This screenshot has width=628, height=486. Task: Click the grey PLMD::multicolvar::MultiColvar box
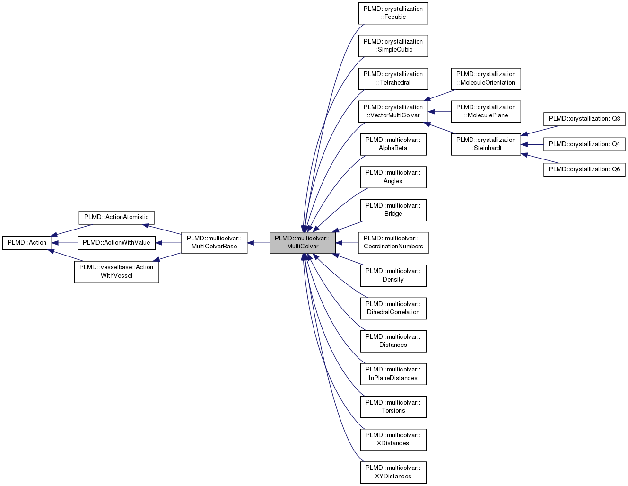[x=302, y=243]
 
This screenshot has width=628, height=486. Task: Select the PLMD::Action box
[x=27, y=243]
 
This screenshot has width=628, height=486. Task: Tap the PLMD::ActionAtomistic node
[x=116, y=217]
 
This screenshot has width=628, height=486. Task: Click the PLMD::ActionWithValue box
[x=116, y=243]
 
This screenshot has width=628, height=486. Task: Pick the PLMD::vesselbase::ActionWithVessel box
[x=116, y=272]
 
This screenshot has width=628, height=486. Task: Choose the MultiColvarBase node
[x=214, y=243]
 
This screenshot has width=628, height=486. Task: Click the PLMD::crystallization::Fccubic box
[x=393, y=13]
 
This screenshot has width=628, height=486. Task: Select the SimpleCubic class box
[x=393, y=46]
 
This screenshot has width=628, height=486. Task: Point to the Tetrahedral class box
[x=393, y=79]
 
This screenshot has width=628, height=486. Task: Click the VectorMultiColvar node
[x=393, y=112]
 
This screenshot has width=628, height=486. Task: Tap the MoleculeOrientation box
[x=486, y=79]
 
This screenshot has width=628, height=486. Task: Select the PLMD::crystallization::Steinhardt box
[x=486, y=144]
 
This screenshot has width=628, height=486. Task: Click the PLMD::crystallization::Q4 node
[x=584, y=144]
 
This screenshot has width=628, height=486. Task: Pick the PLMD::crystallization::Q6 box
[x=584, y=169]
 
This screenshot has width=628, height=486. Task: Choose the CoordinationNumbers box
[x=393, y=243]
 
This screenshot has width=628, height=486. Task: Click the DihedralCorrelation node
[x=393, y=309]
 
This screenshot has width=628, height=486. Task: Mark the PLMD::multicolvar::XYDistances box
[x=393, y=472]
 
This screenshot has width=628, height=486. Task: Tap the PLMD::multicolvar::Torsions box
[x=393, y=407]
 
